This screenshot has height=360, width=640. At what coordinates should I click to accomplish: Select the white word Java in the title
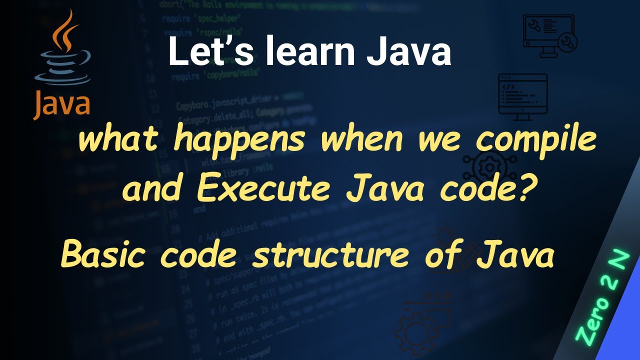pos(408,52)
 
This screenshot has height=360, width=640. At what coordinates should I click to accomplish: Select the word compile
pos(536,141)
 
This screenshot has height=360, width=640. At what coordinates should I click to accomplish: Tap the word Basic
pos(103,255)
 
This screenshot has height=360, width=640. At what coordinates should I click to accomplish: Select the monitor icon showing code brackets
pos(522,96)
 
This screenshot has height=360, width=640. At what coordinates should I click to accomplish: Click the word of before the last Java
pos(442,255)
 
